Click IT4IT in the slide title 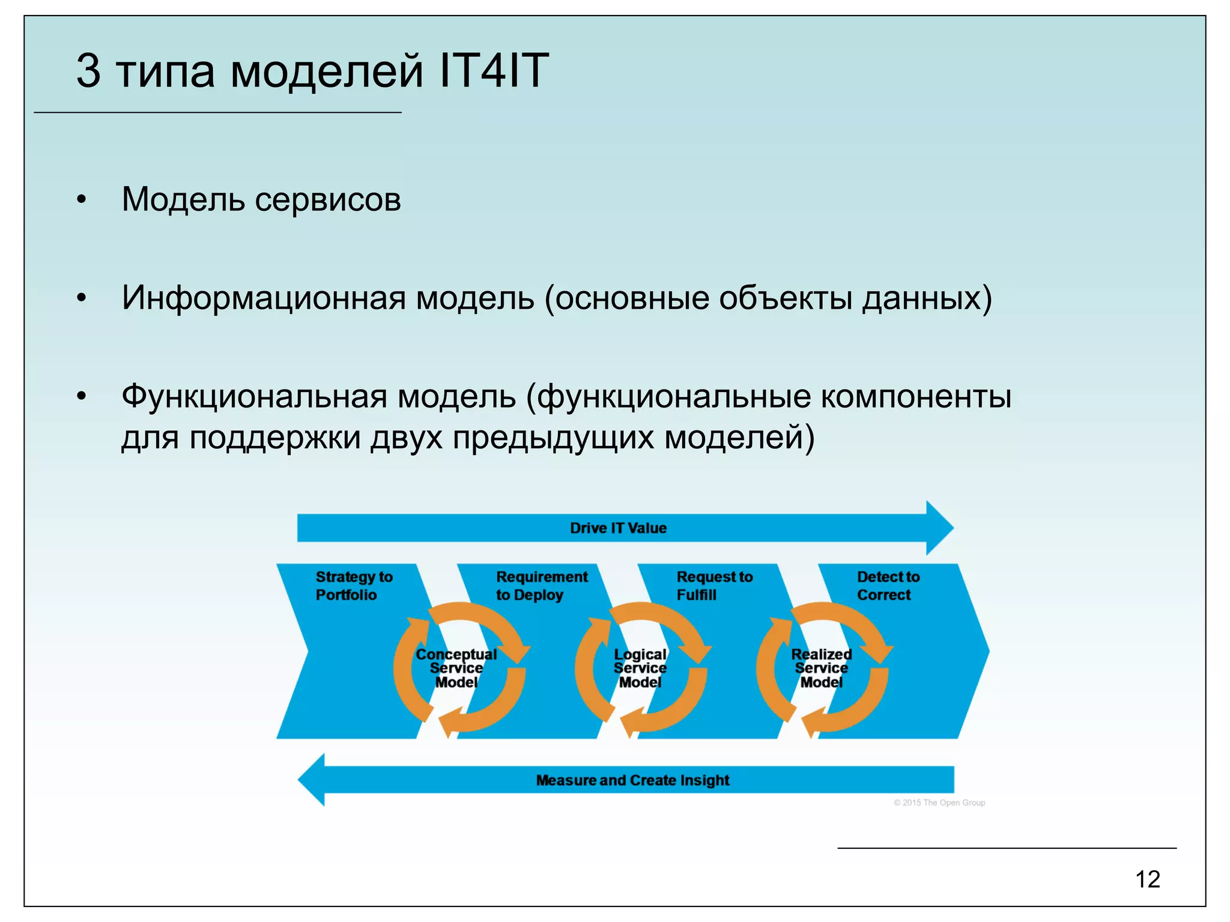[x=494, y=71]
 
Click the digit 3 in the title [x=88, y=71]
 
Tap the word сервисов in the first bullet [x=327, y=200]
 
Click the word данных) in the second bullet [x=927, y=298]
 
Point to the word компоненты [x=915, y=397]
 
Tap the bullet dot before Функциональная [x=82, y=396]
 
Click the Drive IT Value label [x=618, y=528]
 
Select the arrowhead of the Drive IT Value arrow [x=939, y=528]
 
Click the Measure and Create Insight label [x=632, y=780]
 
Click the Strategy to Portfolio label [x=353, y=586]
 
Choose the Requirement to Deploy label [x=541, y=586]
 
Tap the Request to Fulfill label [x=714, y=586]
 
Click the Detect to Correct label [x=888, y=586]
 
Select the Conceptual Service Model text [x=456, y=668]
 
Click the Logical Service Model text [x=640, y=668]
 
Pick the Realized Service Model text [x=821, y=668]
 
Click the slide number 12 [x=1147, y=879]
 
